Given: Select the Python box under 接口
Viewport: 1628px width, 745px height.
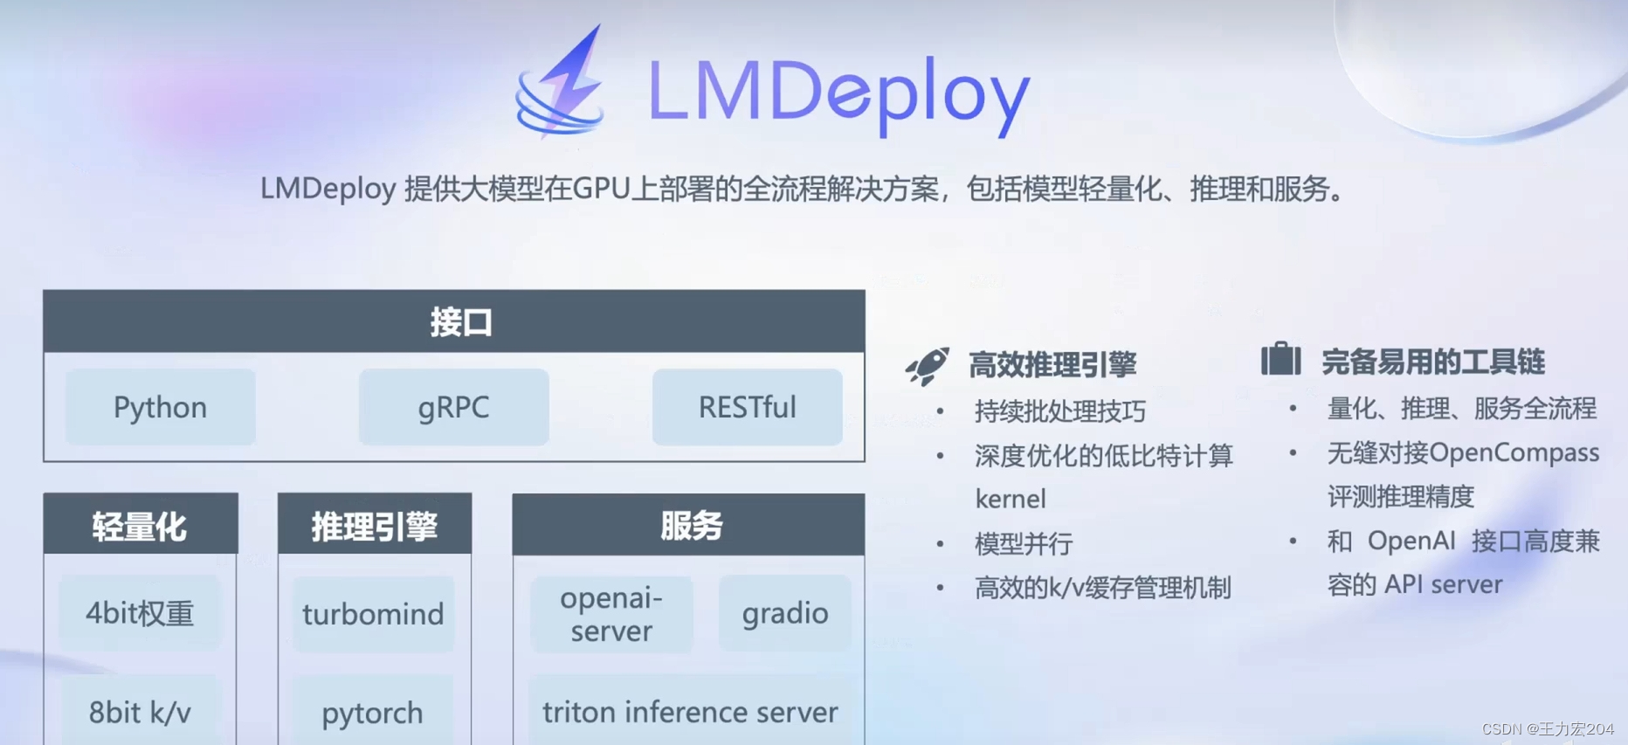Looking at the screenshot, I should click(161, 407).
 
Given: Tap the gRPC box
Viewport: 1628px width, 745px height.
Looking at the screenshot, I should click(453, 407).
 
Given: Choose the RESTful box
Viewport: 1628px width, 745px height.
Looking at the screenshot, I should click(747, 407).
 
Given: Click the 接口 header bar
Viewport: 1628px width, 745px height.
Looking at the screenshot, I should click(454, 321).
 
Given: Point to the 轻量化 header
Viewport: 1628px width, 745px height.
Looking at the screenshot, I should click(141, 524).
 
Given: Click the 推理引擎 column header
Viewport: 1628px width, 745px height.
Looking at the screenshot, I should click(375, 524).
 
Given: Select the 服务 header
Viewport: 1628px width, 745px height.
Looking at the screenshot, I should click(688, 524).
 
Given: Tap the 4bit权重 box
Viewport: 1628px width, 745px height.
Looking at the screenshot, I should click(140, 613).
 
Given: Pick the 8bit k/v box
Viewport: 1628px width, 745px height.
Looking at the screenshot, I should click(140, 711).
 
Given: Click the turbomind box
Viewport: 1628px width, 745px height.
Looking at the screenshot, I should click(373, 614).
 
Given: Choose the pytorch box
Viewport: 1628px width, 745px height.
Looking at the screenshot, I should click(373, 712).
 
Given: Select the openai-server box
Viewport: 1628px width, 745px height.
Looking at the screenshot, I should click(611, 614).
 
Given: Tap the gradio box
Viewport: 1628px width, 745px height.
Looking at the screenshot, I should click(784, 613).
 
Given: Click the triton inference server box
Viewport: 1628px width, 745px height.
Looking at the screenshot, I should click(690, 711).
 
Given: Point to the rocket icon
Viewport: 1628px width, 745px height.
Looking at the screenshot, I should click(928, 366).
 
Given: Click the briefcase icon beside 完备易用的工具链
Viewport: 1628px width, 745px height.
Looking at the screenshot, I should click(1280, 359).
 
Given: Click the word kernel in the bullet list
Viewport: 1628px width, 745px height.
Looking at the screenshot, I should click(1011, 499).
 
